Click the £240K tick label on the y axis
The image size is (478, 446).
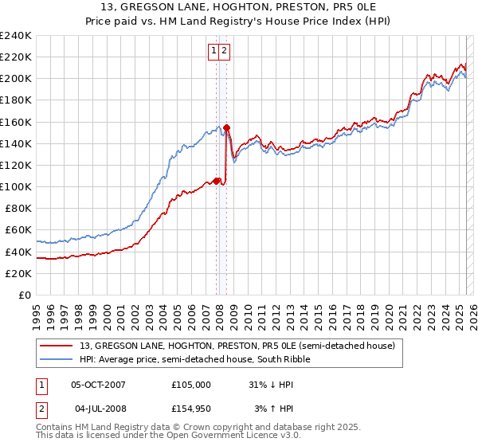click(x=16, y=36)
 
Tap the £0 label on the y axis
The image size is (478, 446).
click(x=25, y=295)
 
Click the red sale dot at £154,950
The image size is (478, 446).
click(x=227, y=127)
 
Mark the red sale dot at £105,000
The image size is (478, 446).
click(x=217, y=181)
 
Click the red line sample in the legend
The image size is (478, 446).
click(x=57, y=346)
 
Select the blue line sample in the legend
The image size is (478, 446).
click(x=57, y=359)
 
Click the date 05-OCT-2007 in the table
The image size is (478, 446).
click(x=98, y=384)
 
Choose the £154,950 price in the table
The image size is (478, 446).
click(x=191, y=409)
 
